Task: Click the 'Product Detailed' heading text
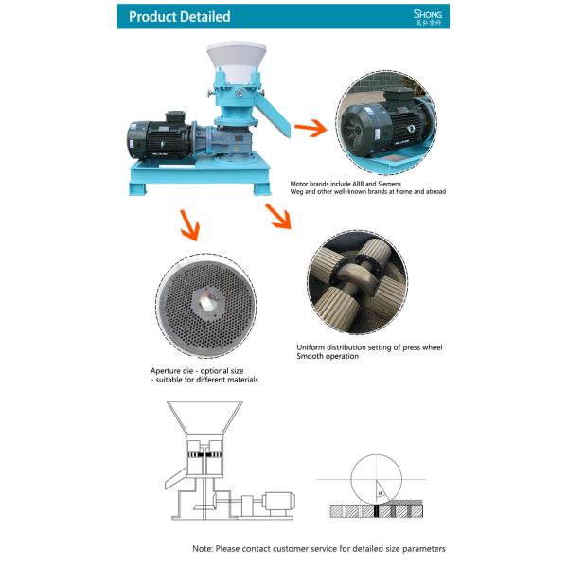click(x=179, y=16)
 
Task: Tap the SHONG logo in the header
click(x=428, y=16)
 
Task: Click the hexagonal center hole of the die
click(x=205, y=303)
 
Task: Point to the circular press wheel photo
click(x=357, y=283)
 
